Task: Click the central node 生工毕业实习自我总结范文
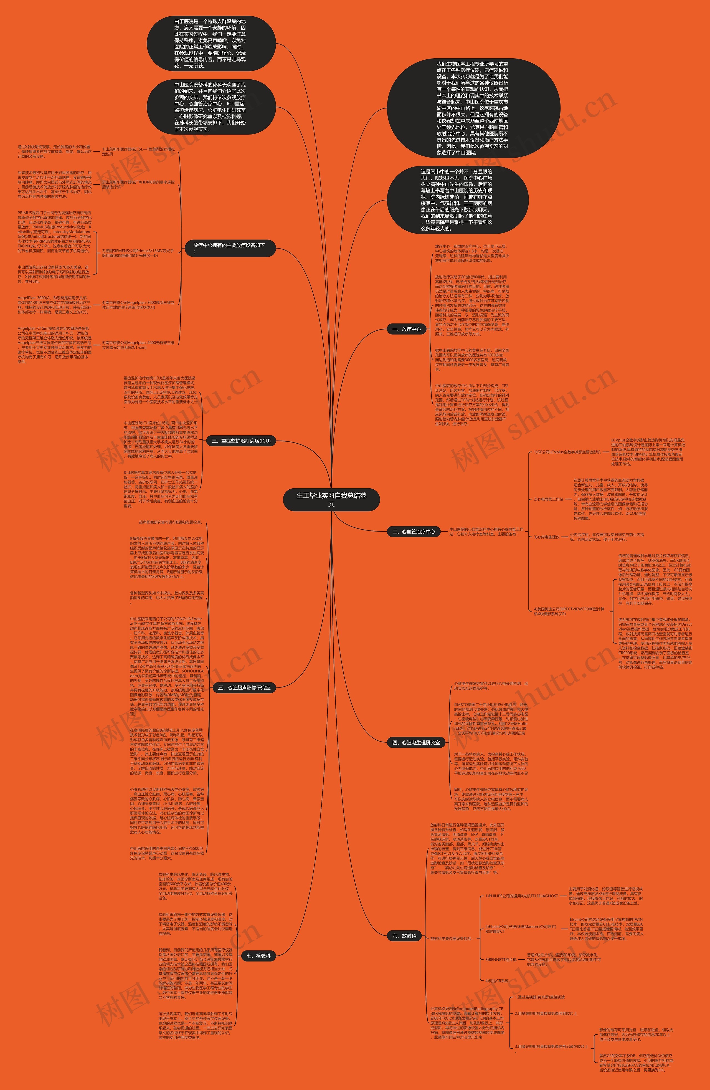(331, 499)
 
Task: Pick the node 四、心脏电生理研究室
(416, 742)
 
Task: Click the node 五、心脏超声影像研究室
(244, 687)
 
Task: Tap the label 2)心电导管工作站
(548, 499)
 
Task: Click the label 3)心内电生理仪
(547, 537)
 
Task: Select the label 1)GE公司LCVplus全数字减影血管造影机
(567, 452)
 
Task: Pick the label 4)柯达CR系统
(497, 980)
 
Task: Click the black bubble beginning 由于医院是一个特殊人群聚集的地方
(211, 44)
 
